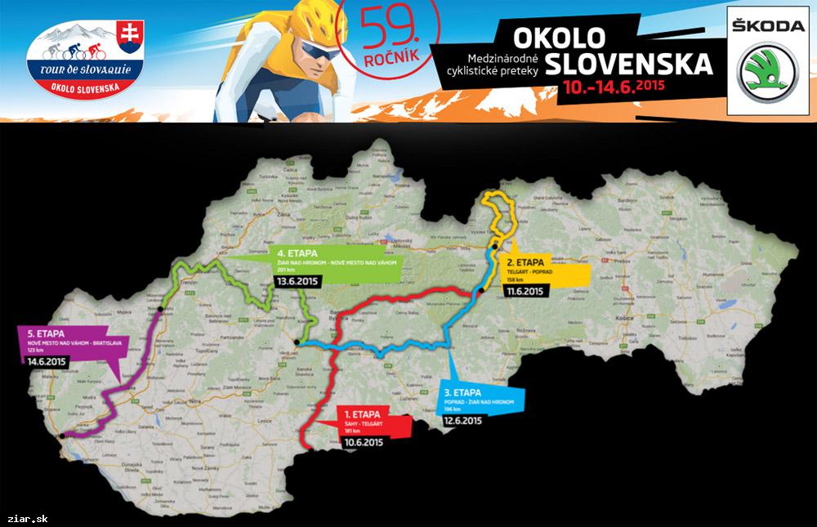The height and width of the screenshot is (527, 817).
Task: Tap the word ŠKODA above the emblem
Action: click(766, 25)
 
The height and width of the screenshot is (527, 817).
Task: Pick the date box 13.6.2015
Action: click(298, 282)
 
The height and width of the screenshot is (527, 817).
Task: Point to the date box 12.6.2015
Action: click(462, 421)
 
